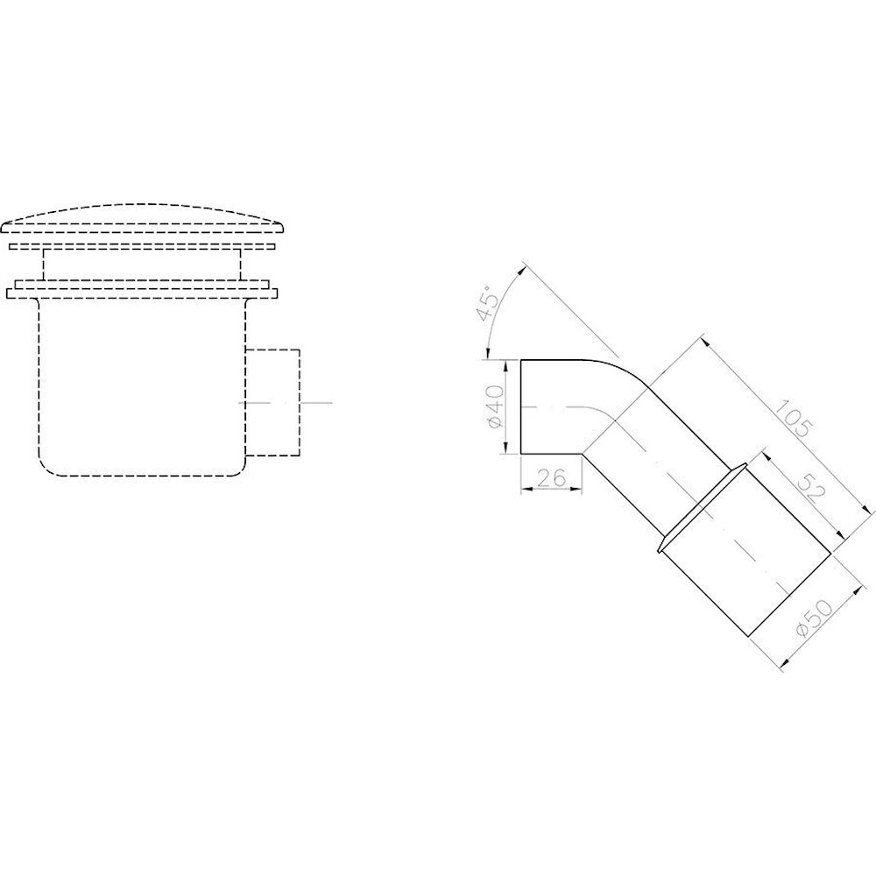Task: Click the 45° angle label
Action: click(x=488, y=302)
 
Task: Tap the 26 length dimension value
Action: click(x=552, y=477)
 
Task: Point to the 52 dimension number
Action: click(x=812, y=486)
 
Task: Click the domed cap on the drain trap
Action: click(x=143, y=218)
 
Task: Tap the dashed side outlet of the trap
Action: click(x=272, y=402)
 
